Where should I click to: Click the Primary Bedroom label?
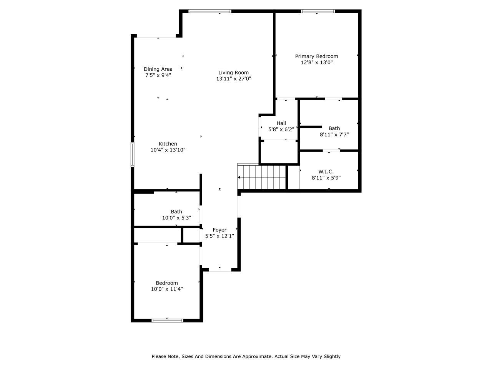316,56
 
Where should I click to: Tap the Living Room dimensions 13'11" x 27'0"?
233,79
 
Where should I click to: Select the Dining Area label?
158,69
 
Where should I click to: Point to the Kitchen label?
168,144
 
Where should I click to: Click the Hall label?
281,123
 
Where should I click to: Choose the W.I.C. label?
326,171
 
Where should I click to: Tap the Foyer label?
219,230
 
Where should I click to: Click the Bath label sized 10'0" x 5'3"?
176,211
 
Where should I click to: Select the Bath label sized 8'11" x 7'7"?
334,128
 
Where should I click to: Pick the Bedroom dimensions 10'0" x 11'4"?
167,289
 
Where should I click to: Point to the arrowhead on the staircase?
239,177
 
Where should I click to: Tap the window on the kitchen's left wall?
132,155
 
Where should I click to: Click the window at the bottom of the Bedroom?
167,320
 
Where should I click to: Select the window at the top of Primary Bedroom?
318,11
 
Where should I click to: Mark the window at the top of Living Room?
210,11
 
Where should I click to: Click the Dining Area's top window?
156,36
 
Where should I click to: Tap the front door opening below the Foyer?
220,270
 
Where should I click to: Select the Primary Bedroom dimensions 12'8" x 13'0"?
316,62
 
